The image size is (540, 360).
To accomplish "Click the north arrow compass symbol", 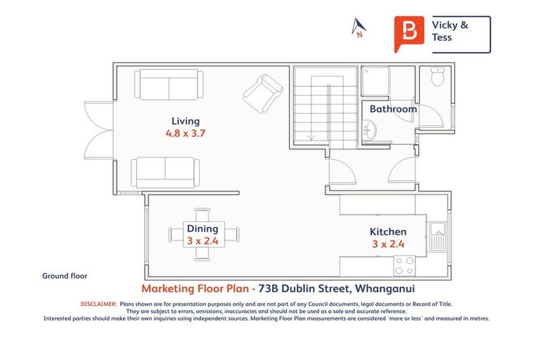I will (x=359, y=28).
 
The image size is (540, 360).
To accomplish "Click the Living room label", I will (x=185, y=121).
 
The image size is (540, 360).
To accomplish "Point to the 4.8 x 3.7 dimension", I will (x=185, y=133).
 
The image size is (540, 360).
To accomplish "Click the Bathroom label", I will (x=393, y=109).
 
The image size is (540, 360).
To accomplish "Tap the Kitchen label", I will (x=388, y=231).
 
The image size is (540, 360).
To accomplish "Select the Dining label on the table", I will (x=202, y=229).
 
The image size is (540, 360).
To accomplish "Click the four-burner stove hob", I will (x=404, y=265).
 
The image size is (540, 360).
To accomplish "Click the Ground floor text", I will (x=65, y=276).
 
